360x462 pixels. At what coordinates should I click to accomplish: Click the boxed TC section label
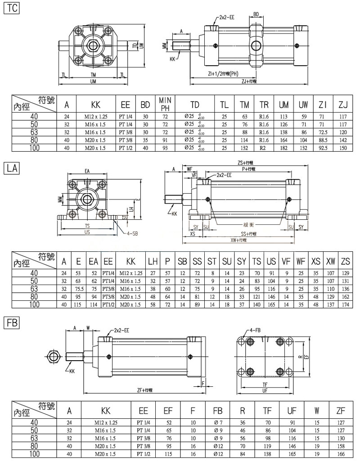point(12,8)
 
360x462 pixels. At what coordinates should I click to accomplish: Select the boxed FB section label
point(12,323)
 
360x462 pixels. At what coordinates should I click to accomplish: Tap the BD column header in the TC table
point(145,105)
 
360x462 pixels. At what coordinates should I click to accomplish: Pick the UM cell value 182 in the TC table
point(283,148)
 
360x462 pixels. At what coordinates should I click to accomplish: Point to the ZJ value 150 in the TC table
point(344,148)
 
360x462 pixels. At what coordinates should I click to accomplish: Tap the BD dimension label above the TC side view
point(256,14)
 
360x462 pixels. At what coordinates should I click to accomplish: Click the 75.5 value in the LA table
point(79,288)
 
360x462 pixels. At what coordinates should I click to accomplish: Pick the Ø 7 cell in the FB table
point(217,423)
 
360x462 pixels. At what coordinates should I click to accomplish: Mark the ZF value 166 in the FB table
point(341,454)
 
